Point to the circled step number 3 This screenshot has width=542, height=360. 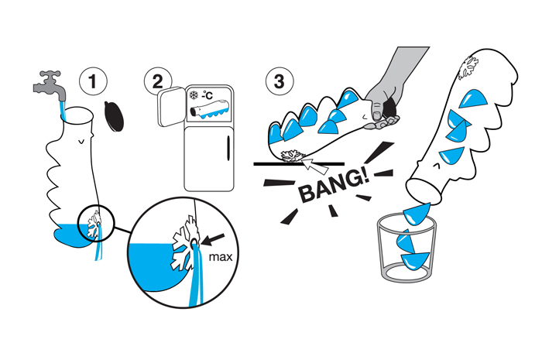pos(276,81)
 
